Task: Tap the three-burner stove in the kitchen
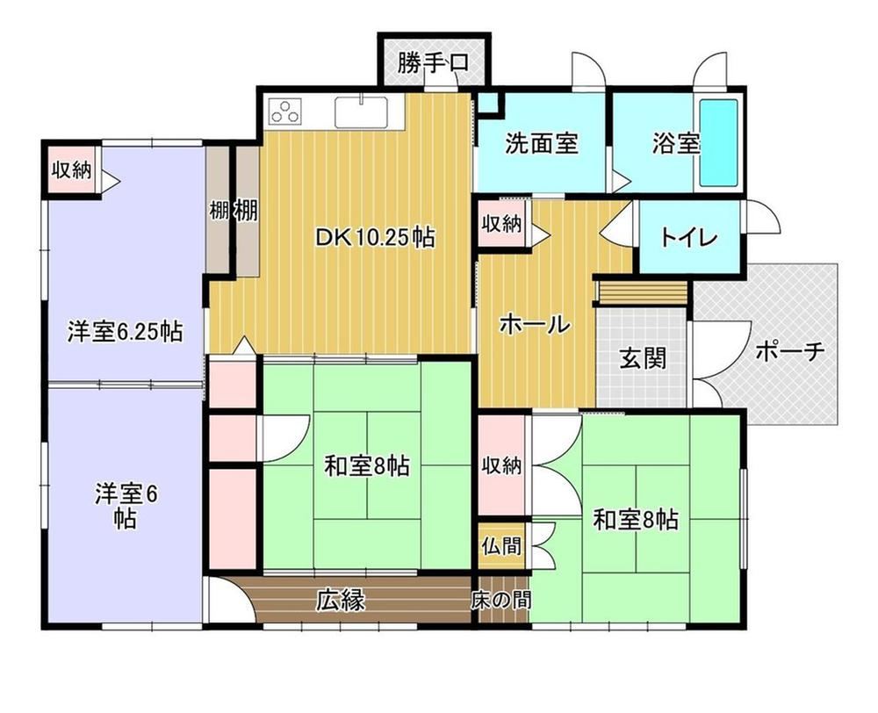coord(285,111)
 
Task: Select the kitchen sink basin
coord(361,112)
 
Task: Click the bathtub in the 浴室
coord(718,143)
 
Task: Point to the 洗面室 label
coord(541,143)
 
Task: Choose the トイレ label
coord(688,237)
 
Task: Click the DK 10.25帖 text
coord(375,237)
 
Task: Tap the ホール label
coord(535,324)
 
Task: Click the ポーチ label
coord(790,351)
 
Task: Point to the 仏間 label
coord(502,545)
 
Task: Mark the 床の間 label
coord(500,601)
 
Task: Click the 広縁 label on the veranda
coord(341,600)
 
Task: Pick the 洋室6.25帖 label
coord(125,331)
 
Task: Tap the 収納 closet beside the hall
coord(501,224)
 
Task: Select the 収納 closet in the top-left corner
coord(72,169)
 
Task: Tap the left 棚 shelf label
coord(219,211)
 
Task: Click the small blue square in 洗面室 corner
coord(488,102)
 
